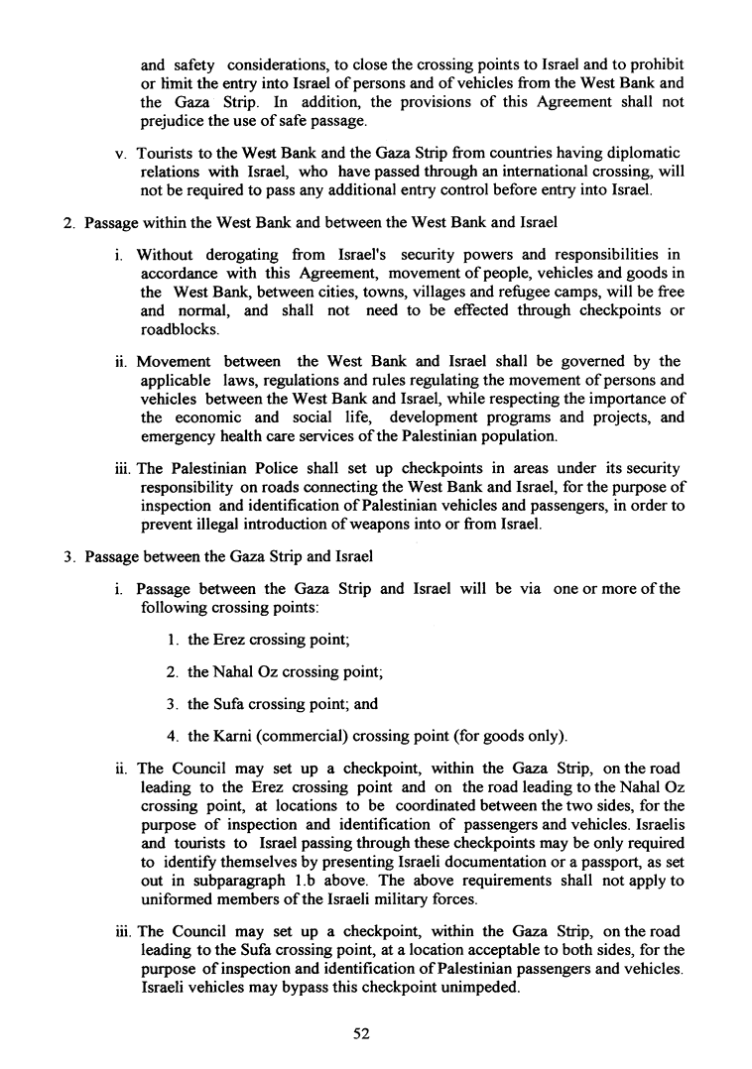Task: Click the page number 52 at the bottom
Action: coord(361,1033)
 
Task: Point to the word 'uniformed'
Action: coord(174,900)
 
